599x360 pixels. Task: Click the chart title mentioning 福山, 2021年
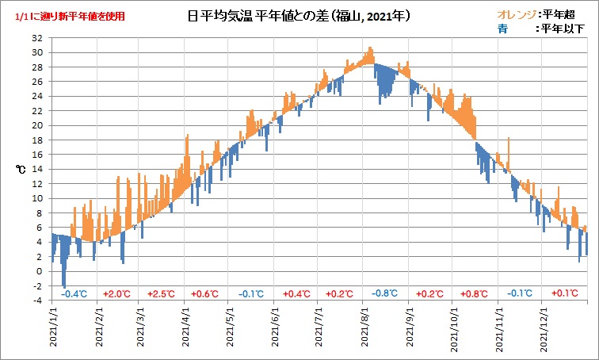click(x=299, y=15)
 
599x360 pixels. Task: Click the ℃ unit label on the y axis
click(x=20, y=169)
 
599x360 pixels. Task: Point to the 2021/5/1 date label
click(x=231, y=330)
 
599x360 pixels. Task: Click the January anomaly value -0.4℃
click(x=74, y=294)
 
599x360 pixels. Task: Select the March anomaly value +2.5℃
click(x=161, y=294)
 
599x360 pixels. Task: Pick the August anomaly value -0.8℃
click(x=384, y=294)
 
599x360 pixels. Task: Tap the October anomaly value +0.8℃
click(x=474, y=294)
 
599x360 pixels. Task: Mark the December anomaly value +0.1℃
click(x=564, y=294)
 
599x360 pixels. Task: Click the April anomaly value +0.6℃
click(x=205, y=294)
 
